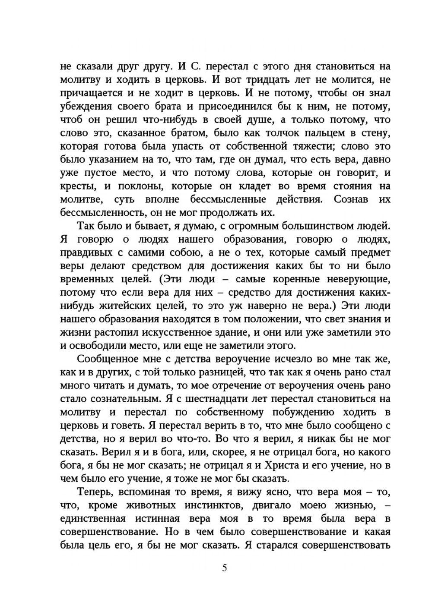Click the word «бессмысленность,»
102,213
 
